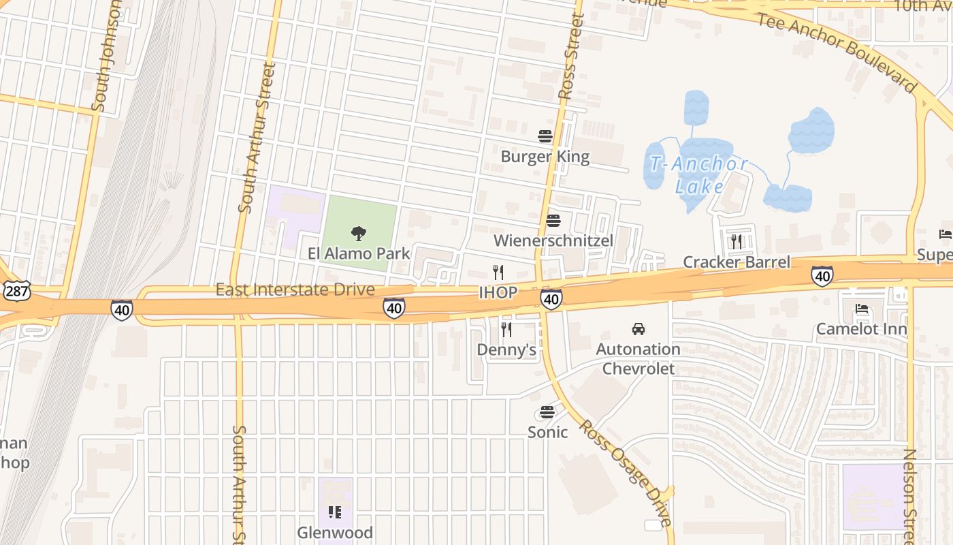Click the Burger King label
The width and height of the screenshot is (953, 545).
tap(545, 157)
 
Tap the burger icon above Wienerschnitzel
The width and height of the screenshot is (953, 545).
tap(553, 221)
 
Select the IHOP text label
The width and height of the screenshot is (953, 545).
tap(498, 293)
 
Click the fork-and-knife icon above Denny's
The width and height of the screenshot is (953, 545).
tap(506, 330)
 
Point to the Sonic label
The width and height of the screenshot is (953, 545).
tap(547, 432)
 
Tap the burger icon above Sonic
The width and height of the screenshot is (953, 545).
tap(547, 412)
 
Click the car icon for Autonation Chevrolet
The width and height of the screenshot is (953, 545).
tap(638, 329)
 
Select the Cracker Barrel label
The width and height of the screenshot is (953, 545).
tap(736, 262)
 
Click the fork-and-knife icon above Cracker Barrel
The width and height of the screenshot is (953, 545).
tap(736, 240)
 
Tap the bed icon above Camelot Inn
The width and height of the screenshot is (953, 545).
tap(862, 309)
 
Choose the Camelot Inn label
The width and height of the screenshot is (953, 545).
tap(861, 330)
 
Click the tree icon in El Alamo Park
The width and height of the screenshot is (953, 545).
tap(358, 234)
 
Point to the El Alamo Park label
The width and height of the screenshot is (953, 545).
tap(358, 253)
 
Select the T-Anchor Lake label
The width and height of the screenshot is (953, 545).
tap(698, 174)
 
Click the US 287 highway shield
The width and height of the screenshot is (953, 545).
tap(15, 291)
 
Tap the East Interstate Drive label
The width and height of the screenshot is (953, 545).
tap(295, 290)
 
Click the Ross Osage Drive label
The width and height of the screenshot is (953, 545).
tap(625, 472)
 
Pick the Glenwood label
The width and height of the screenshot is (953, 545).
tap(334, 532)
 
